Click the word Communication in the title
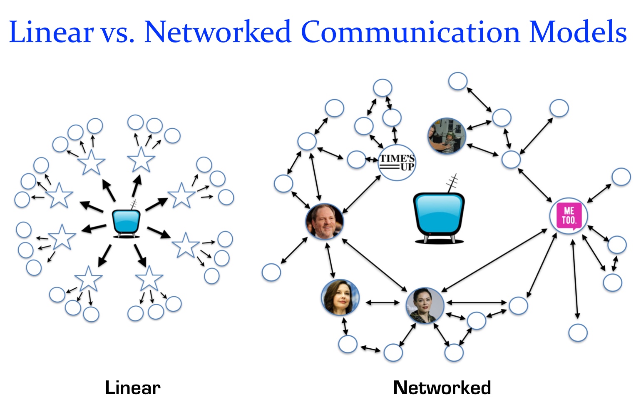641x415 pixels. [x=410, y=32]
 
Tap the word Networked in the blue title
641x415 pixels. [x=217, y=32]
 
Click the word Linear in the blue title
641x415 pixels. [x=51, y=32]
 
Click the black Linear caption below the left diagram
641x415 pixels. [x=132, y=388]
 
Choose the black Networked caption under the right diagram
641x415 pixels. [x=442, y=388]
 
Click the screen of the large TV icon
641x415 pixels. [x=439, y=213]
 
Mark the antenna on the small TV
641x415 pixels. [x=133, y=205]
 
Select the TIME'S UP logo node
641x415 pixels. [x=397, y=162]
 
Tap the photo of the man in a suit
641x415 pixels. [x=325, y=221]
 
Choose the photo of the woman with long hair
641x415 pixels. [x=340, y=297]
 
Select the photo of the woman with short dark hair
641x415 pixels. [x=425, y=306]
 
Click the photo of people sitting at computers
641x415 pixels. [x=447, y=136]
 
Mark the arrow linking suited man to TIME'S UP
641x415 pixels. [x=361, y=194]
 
